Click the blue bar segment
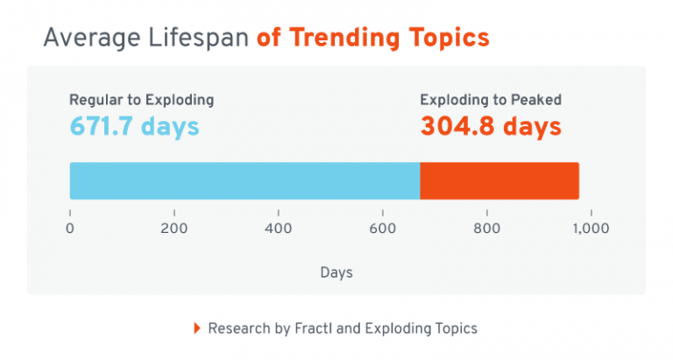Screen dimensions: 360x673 [244, 180]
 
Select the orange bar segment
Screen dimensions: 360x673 [499, 180]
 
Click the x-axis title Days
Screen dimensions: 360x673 [336, 272]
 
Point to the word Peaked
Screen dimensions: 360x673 [537, 100]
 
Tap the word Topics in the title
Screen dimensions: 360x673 [443, 39]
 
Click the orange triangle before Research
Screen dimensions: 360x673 [196, 328]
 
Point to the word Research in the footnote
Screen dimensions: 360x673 [237, 328]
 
